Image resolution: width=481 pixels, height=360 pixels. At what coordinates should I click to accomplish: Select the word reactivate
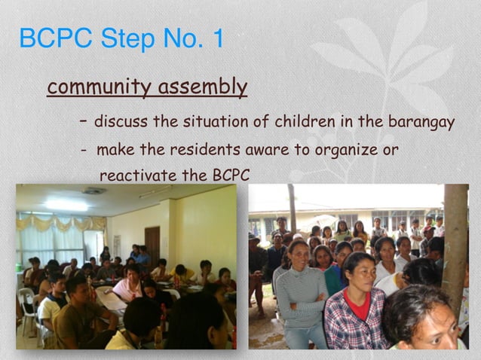point(139,175)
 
